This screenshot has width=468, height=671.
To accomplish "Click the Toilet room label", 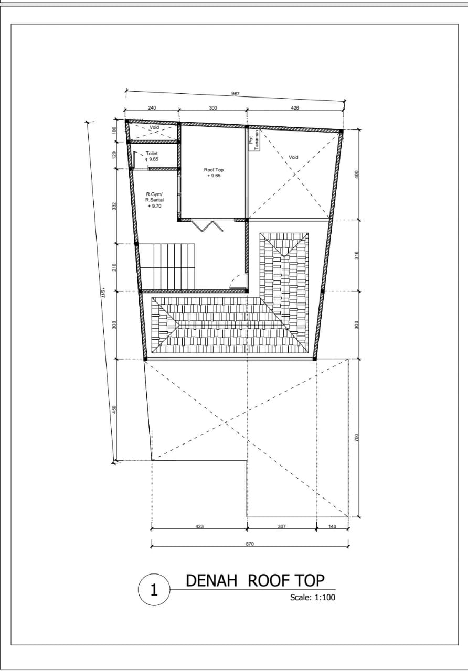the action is click(x=152, y=154).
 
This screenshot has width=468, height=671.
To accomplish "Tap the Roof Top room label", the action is click(x=214, y=170).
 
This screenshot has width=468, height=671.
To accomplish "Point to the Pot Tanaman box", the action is click(x=254, y=140).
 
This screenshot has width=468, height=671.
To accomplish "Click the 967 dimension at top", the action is click(x=236, y=94).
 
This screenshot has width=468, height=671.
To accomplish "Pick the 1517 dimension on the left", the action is click(x=102, y=293).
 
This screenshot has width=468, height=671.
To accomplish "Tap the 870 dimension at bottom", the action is click(x=250, y=544).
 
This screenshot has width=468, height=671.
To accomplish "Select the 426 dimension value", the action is click(x=295, y=108).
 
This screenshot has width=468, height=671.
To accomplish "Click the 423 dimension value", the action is click(x=199, y=526).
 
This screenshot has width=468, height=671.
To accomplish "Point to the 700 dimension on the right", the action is click(x=356, y=438).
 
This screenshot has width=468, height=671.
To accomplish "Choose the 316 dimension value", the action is click(x=356, y=255).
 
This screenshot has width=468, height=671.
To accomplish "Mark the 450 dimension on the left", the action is click(x=114, y=410).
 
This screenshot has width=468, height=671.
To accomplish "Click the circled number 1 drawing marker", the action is click(x=154, y=590).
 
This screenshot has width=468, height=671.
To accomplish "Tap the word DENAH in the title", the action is click(x=211, y=580).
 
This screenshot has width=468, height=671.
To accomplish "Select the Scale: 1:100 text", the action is click(x=313, y=597).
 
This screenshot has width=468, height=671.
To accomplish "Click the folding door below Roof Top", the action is click(x=207, y=226).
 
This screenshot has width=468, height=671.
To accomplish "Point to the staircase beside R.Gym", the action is click(x=168, y=267).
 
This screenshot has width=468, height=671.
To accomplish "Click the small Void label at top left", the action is click(x=154, y=127).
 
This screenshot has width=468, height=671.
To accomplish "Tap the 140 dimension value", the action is click(x=332, y=526).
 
